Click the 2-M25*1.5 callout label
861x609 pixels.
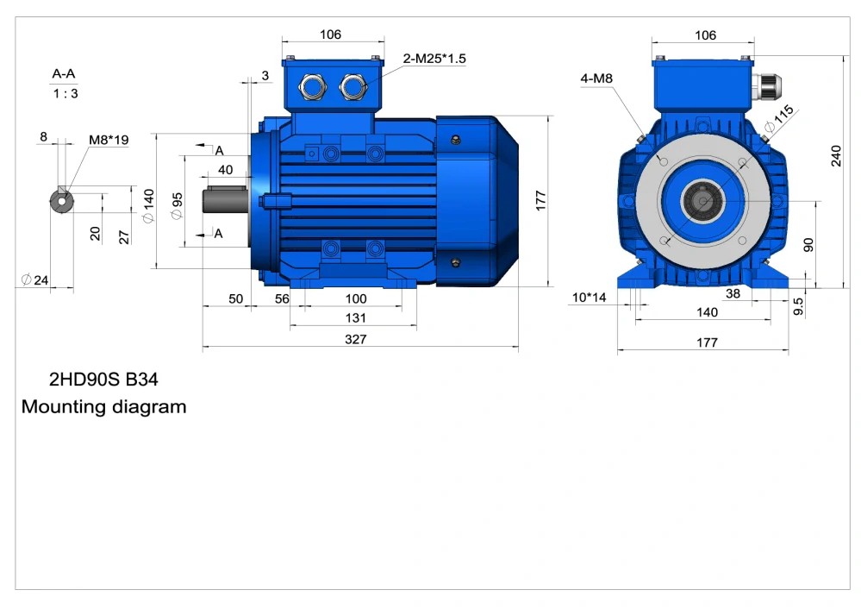tap(434, 59)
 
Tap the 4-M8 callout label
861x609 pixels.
tap(596, 78)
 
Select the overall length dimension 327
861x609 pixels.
tap(356, 339)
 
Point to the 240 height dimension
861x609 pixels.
tap(836, 155)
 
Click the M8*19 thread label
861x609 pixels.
tap(109, 140)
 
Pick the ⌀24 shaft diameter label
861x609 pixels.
tap(35, 279)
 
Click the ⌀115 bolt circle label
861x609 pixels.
tap(779, 119)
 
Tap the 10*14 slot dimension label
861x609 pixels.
tap(590, 298)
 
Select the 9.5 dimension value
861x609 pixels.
tap(798, 306)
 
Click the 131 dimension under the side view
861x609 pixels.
tap(356, 317)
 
